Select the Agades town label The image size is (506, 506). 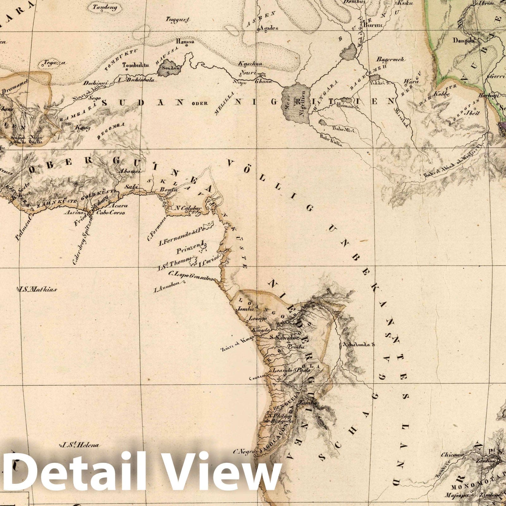pos(269,28)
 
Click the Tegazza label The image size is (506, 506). pos(55,62)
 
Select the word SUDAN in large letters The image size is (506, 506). pos(142,102)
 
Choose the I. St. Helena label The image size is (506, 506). pos(80,445)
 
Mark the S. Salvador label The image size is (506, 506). pos(284,337)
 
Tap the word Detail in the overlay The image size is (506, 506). pos(63,474)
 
